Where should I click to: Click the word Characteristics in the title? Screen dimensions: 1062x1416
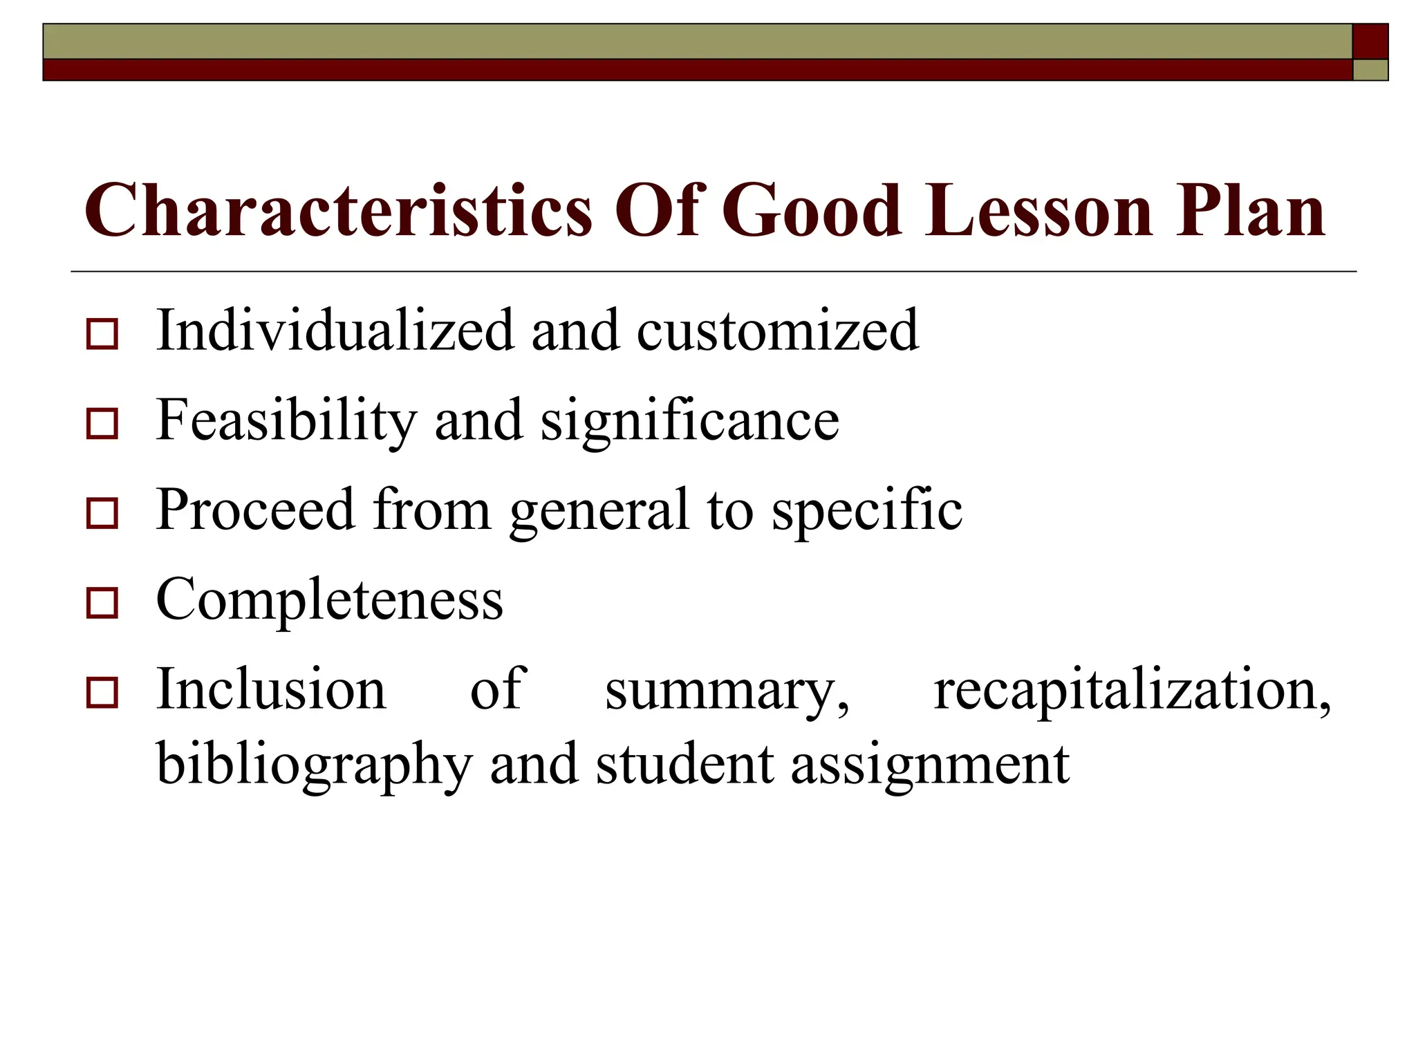point(338,210)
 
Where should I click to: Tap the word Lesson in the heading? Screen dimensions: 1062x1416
point(1039,210)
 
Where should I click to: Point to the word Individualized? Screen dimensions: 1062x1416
point(335,330)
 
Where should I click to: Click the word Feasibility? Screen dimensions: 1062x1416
point(287,420)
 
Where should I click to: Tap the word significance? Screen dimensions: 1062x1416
point(689,420)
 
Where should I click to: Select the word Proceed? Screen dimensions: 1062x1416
point(255,510)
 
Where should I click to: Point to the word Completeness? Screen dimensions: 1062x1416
point(330,600)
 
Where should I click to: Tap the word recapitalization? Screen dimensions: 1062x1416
point(1132,690)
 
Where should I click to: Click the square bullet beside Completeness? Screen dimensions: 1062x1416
point(102,603)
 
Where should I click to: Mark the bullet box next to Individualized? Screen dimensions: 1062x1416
point(102,334)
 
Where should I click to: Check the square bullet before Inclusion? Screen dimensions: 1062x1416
point(102,693)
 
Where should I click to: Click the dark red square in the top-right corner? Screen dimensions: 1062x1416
point(1370,41)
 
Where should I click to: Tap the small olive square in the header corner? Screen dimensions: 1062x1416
point(1370,70)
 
